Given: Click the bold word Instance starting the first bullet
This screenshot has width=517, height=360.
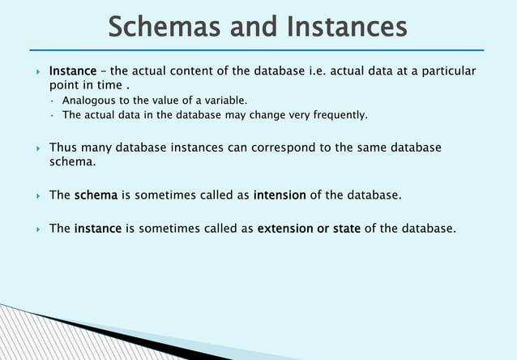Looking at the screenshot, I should pos(73,72).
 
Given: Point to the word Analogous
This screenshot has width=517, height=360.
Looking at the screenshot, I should pos(89,101).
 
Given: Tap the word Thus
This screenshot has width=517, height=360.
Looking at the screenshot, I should pos(62,148).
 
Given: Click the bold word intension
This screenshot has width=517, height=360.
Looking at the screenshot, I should pos(280,195).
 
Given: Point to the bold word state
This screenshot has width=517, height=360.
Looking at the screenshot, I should pos(346,229).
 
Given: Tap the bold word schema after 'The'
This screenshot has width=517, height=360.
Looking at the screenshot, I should pos(96,195).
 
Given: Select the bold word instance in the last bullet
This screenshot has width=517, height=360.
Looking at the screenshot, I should pos(98,229).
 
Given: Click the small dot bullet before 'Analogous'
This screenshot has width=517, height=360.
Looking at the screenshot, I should pos(51,101).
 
